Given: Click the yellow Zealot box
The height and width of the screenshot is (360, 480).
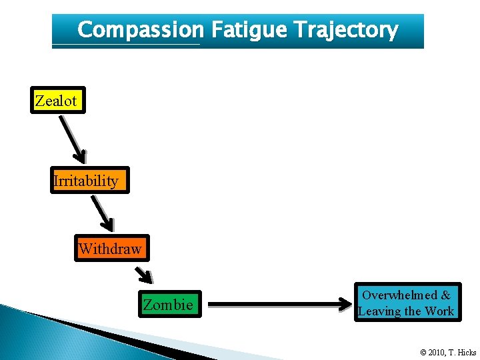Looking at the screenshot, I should pyautogui.click(x=57, y=101).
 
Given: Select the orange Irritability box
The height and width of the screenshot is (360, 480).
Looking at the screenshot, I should pyautogui.click(x=89, y=181).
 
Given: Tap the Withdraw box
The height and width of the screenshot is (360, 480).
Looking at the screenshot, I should pyautogui.click(x=111, y=249).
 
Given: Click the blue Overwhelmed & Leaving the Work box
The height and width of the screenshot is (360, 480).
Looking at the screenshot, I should pyautogui.click(x=407, y=303).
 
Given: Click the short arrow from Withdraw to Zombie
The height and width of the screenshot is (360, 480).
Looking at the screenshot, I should pyautogui.click(x=144, y=273).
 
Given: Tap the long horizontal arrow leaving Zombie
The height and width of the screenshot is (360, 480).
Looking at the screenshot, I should pyautogui.click(x=280, y=306).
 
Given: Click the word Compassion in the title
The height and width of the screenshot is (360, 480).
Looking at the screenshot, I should pyautogui.click(x=141, y=30).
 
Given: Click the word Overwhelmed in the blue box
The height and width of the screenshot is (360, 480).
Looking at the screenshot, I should pyautogui.click(x=399, y=295).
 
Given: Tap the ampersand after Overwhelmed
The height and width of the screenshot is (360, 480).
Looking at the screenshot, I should pyautogui.click(x=445, y=295).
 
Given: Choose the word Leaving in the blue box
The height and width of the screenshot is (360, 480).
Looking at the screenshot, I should pyautogui.click(x=381, y=311).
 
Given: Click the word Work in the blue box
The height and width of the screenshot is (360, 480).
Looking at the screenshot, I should pyautogui.click(x=440, y=311).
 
